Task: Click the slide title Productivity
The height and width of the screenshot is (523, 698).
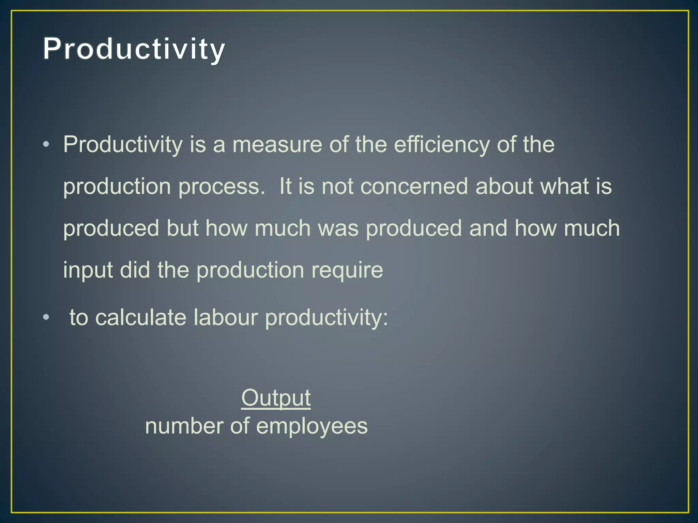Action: tap(134, 49)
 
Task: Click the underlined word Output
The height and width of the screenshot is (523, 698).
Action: tap(276, 398)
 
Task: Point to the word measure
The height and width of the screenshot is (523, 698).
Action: tap(277, 144)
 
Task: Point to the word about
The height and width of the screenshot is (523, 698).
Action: tap(504, 187)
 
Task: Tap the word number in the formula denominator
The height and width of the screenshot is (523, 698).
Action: tap(184, 426)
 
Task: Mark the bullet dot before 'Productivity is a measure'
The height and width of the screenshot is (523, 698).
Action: tap(46, 144)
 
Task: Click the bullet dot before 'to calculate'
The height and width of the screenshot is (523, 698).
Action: tap(46, 317)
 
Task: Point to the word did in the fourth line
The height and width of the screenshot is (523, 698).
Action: tap(135, 270)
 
